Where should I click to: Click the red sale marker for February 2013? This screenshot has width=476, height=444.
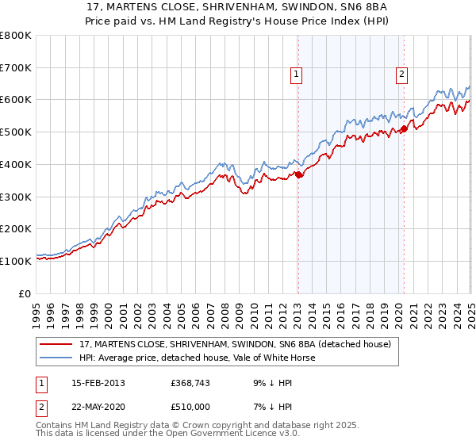click(x=299, y=175)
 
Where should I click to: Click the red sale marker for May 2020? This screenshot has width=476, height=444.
click(x=404, y=128)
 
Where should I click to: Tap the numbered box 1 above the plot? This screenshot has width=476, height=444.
click(x=296, y=75)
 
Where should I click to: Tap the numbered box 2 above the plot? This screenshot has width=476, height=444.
click(x=401, y=75)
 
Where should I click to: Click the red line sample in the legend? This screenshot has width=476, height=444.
click(x=57, y=345)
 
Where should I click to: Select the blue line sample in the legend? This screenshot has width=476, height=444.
click(x=57, y=358)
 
